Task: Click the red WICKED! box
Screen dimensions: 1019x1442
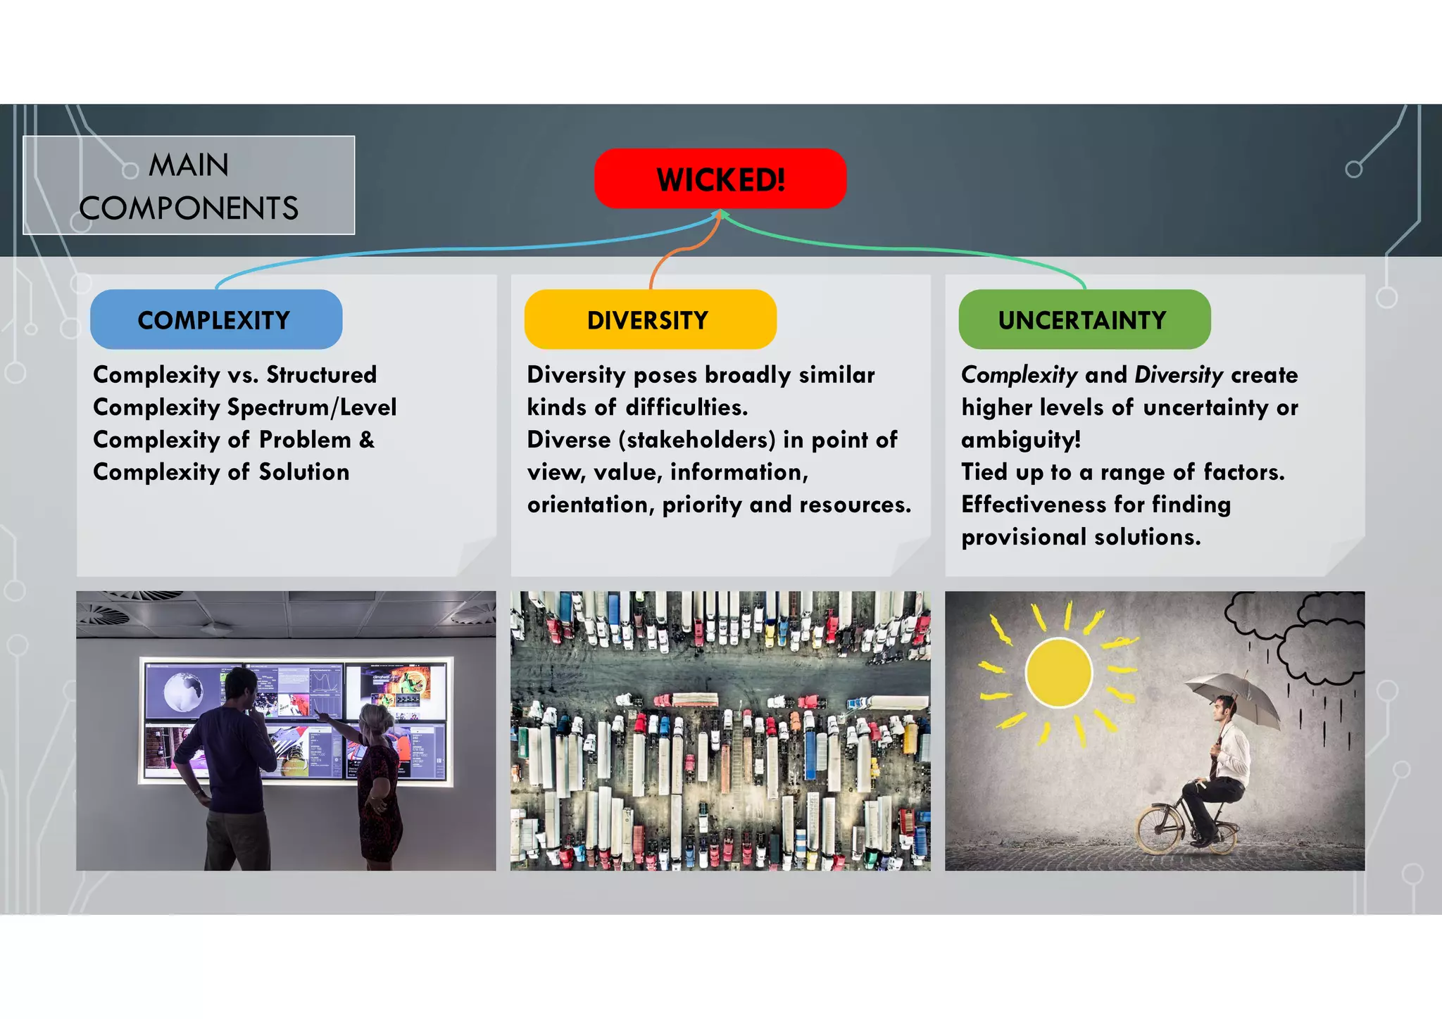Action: click(720, 179)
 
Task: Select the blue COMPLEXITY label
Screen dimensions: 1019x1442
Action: click(216, 319)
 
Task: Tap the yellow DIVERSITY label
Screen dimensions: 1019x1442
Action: click(650, 319)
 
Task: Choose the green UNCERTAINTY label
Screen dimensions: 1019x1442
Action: click(1084, 319)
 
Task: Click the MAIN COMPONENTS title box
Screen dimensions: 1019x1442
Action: click(189, 186)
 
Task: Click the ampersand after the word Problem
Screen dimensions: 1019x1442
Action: click(367, 440)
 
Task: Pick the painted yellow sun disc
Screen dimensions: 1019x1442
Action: click(1058, 671)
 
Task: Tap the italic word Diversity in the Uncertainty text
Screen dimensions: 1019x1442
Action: click(1179, 375)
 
